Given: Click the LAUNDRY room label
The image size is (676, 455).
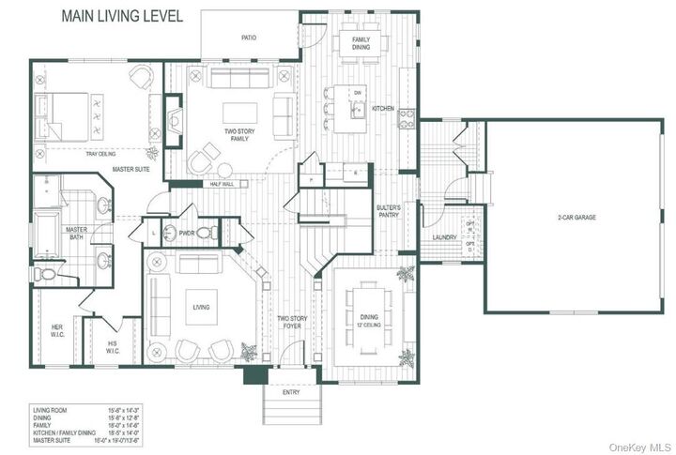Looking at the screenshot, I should click(444, 237).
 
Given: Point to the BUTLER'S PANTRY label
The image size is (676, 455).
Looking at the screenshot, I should click(388, 210).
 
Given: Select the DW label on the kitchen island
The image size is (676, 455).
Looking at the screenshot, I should click(358, 93).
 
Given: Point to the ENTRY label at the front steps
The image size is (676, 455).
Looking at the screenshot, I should click(292, 392).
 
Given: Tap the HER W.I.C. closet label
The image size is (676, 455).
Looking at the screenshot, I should click(56, 331).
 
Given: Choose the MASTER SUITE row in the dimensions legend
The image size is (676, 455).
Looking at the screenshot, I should click(84, 436).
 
